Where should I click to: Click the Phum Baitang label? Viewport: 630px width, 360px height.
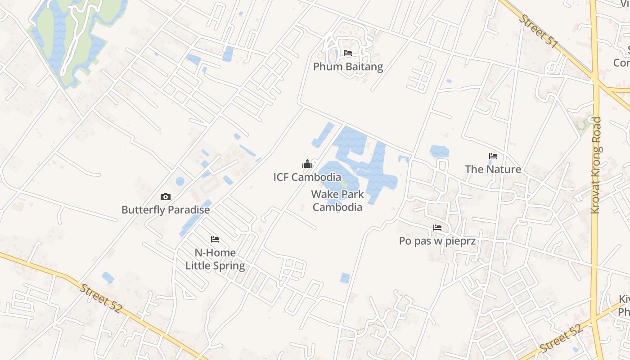point(348,67)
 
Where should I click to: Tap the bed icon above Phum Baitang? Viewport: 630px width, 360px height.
point(348,53)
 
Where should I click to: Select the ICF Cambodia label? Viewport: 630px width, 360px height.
point(307,177)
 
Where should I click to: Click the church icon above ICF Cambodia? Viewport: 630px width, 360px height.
point(307,164)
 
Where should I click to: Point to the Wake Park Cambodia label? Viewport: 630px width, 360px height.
point(337,201)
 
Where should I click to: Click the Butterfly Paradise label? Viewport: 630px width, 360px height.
point(166,210)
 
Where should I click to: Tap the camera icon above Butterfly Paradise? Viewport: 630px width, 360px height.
point(166,197)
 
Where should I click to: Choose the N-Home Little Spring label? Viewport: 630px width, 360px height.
point(215,259)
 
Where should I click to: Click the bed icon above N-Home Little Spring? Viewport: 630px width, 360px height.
point(215,239)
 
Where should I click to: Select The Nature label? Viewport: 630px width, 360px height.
point(493,170)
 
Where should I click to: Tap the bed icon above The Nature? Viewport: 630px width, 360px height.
point(493,156)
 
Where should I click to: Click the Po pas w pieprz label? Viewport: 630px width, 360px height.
point(437,241)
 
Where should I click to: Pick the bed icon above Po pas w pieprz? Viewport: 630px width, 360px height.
point(437,228)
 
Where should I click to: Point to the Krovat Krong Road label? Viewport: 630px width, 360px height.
point(596,165)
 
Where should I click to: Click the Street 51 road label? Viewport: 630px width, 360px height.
point(539,31)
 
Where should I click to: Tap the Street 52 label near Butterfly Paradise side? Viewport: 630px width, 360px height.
point(101,298)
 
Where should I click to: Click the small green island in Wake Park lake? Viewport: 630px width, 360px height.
point(344,184)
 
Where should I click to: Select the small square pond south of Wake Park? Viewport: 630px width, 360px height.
point(345,278)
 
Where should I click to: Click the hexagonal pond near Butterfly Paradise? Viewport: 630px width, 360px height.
point(180,181)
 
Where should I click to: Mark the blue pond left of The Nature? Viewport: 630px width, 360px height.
point(439,151)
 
